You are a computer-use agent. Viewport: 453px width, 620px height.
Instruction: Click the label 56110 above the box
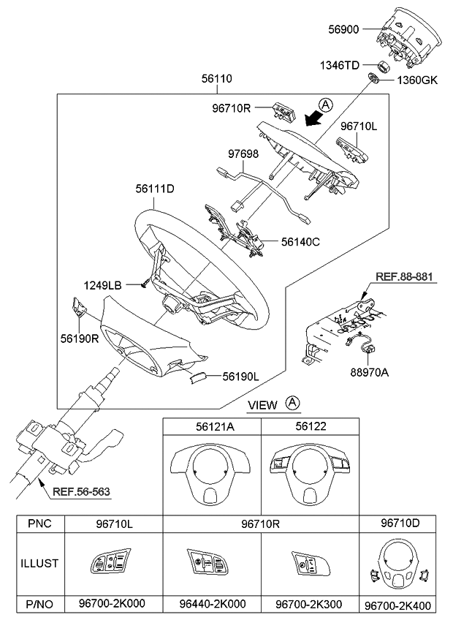coord(217,77)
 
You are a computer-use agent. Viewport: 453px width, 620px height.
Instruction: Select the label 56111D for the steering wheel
coord(154,188)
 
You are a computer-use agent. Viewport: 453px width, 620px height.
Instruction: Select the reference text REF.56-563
coord(81,492)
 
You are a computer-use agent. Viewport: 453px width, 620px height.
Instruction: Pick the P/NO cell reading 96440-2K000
coord(213,604)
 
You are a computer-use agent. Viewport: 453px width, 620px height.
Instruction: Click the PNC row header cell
coord(41,523)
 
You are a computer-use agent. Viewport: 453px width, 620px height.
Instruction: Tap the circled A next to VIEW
coord(292,403)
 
